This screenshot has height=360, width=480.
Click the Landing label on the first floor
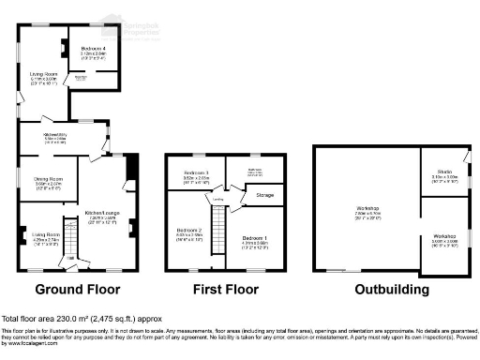click(x=217, y=200)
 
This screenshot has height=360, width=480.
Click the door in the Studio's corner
click(x=465, y=153)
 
